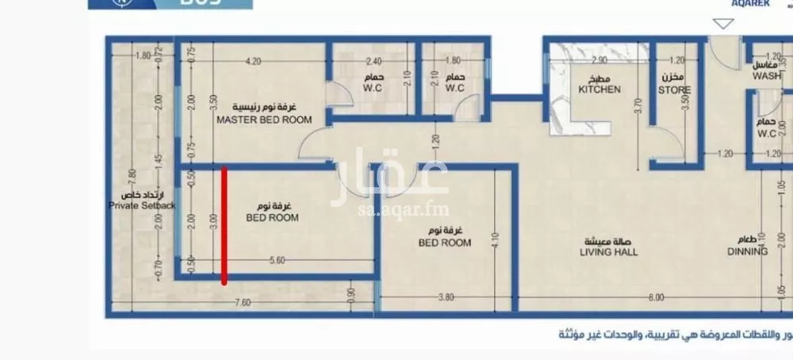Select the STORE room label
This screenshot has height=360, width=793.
click(675, 90)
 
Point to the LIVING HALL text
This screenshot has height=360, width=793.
click(607, 252)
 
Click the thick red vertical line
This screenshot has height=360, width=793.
click(224, 224)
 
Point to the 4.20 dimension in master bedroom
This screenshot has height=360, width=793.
click(253, 60)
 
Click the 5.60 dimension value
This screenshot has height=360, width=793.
click(278, 259)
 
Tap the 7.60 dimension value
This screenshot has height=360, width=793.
click(243, 302)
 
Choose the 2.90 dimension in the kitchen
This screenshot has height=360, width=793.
click(599, 60)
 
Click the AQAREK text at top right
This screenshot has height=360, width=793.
click(749, 3)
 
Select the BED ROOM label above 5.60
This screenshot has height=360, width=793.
click(272, 216)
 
